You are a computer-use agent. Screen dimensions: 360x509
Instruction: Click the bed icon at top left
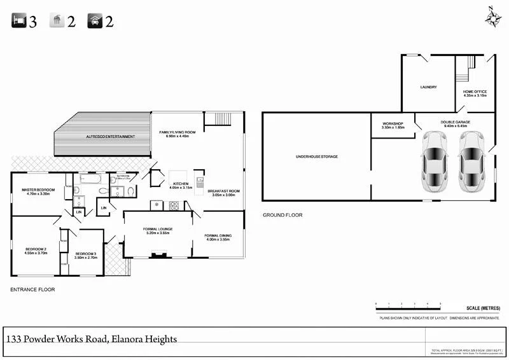[x=19, y=21]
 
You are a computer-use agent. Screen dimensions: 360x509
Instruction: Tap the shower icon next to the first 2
[x=57, y=21]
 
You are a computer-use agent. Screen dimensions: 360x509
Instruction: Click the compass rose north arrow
[x=493, y=17]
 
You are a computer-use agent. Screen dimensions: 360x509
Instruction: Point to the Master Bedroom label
[x=38, y=190]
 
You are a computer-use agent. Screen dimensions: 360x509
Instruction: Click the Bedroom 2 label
[x=36, y=249]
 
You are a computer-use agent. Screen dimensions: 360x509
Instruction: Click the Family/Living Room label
[x=178, y=132]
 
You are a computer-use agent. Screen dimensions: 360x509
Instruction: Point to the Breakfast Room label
[x=223, y=191]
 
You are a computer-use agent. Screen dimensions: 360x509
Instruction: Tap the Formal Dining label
[x=218, y=235]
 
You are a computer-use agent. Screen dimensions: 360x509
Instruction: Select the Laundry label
[x=428, y=87]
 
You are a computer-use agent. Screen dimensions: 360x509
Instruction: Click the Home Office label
[x=475, y=92]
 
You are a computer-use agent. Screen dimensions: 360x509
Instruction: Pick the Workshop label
[x=393, y=123]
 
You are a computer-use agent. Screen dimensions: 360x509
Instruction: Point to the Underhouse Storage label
[x=316, y=156]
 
